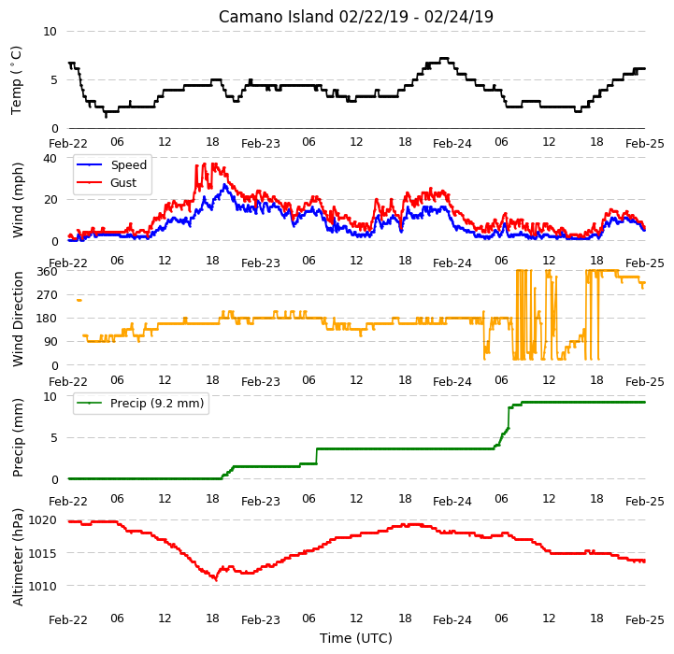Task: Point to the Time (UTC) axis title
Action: tap(356, 638)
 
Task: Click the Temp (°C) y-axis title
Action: tap(16, 80)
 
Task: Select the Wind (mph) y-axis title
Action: tap(18, 200)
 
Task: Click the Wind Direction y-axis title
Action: tap(18, 319)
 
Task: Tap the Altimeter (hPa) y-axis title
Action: tap(18, 557)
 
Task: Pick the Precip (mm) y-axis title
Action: tap(18, 437)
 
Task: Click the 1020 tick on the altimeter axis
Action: tap(43, 520)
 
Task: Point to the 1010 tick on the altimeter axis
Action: tap(43, 586)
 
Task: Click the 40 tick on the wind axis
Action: tap(50, 159)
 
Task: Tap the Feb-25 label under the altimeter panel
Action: tap(644, 620)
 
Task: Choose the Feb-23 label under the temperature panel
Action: tap(261, 144)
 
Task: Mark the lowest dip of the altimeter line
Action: tap(216, 579)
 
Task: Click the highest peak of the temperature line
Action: tap(444, 58)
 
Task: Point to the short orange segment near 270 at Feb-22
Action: tap(79, 300)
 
